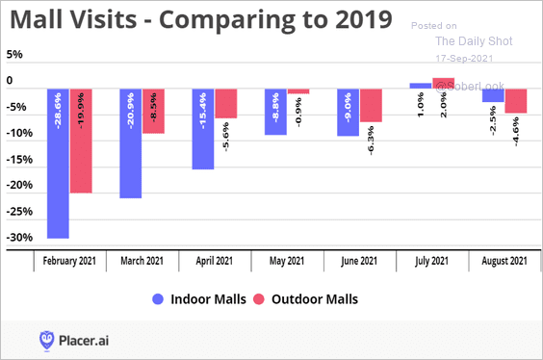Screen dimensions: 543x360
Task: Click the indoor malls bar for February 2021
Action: [58, 164]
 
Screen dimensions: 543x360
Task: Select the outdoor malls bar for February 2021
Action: [81, 141]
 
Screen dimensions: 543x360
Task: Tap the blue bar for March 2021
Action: [131, 143]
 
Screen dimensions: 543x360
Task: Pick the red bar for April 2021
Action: [226, 104]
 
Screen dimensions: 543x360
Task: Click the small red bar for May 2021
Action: [298, 91]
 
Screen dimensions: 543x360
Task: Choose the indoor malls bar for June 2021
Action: [348, 113]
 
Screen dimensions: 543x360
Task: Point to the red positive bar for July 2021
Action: [443, 83]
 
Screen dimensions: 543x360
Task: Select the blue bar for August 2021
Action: [493, 95]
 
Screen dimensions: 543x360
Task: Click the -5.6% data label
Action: [226, 137]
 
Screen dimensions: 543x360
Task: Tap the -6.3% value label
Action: [371, 141]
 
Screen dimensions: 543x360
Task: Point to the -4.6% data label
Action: [516, 132]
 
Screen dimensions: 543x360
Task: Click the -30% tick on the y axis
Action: [19, 238]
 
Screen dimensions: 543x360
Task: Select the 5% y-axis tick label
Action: [14, 54]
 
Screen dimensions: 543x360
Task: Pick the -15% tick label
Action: [19, 160]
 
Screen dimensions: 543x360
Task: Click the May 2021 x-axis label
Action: [287, 261]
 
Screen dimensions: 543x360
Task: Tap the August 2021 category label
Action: [504, 261]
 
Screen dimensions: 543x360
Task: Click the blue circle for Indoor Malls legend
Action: [158, 299]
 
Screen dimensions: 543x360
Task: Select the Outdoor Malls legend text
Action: [315, 299]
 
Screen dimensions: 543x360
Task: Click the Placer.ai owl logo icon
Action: [46, 341]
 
